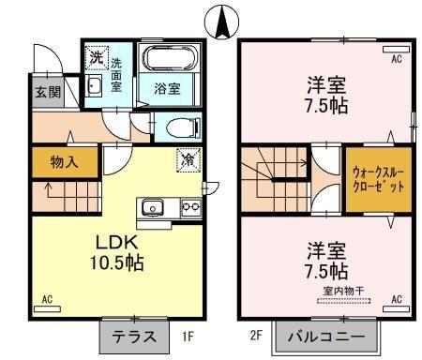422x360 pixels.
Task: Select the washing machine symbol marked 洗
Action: point(97,58)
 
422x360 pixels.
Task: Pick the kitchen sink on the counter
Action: point(152,207)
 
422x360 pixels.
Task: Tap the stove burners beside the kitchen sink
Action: point(189,207)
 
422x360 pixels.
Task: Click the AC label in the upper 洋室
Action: point(396,58)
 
